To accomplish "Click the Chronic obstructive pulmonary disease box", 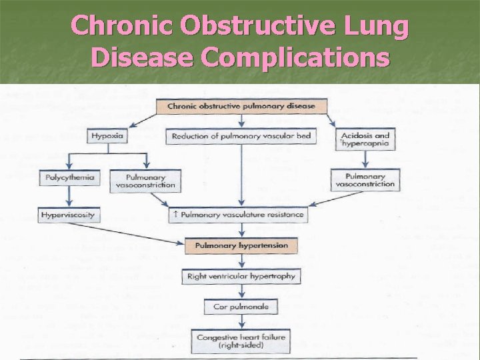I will pyautogui.click(x=241, y=106).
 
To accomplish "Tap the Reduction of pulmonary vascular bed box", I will pyautogui.click(x=241, y=136).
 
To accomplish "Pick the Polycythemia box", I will pyautogui.click(x=70, y=178).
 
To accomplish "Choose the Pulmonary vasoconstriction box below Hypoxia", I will pyautogui.click(x=146, y=180).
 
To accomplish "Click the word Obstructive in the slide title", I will pyautogui.click(x=241, y=27).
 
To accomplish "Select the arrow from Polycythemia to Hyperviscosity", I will pyautogui.click(x=70, y=197).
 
